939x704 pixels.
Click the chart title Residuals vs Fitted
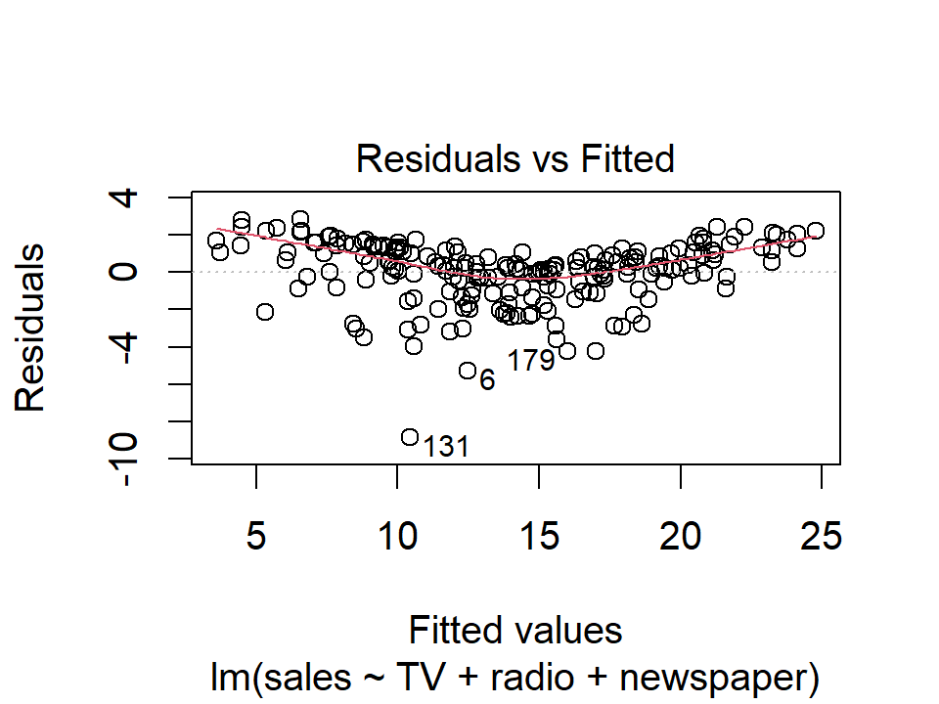pos(515,157)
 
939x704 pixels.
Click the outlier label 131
pos(446,448)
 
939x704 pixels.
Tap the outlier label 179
pos(531,361)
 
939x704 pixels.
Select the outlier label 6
pos(487,380)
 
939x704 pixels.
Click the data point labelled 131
pos(410,437)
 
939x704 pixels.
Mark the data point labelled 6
pos(468,371)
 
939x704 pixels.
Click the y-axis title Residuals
pos(30,328)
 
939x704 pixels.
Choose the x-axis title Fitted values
pos(515,631)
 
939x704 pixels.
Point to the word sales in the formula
pos(287,677)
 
